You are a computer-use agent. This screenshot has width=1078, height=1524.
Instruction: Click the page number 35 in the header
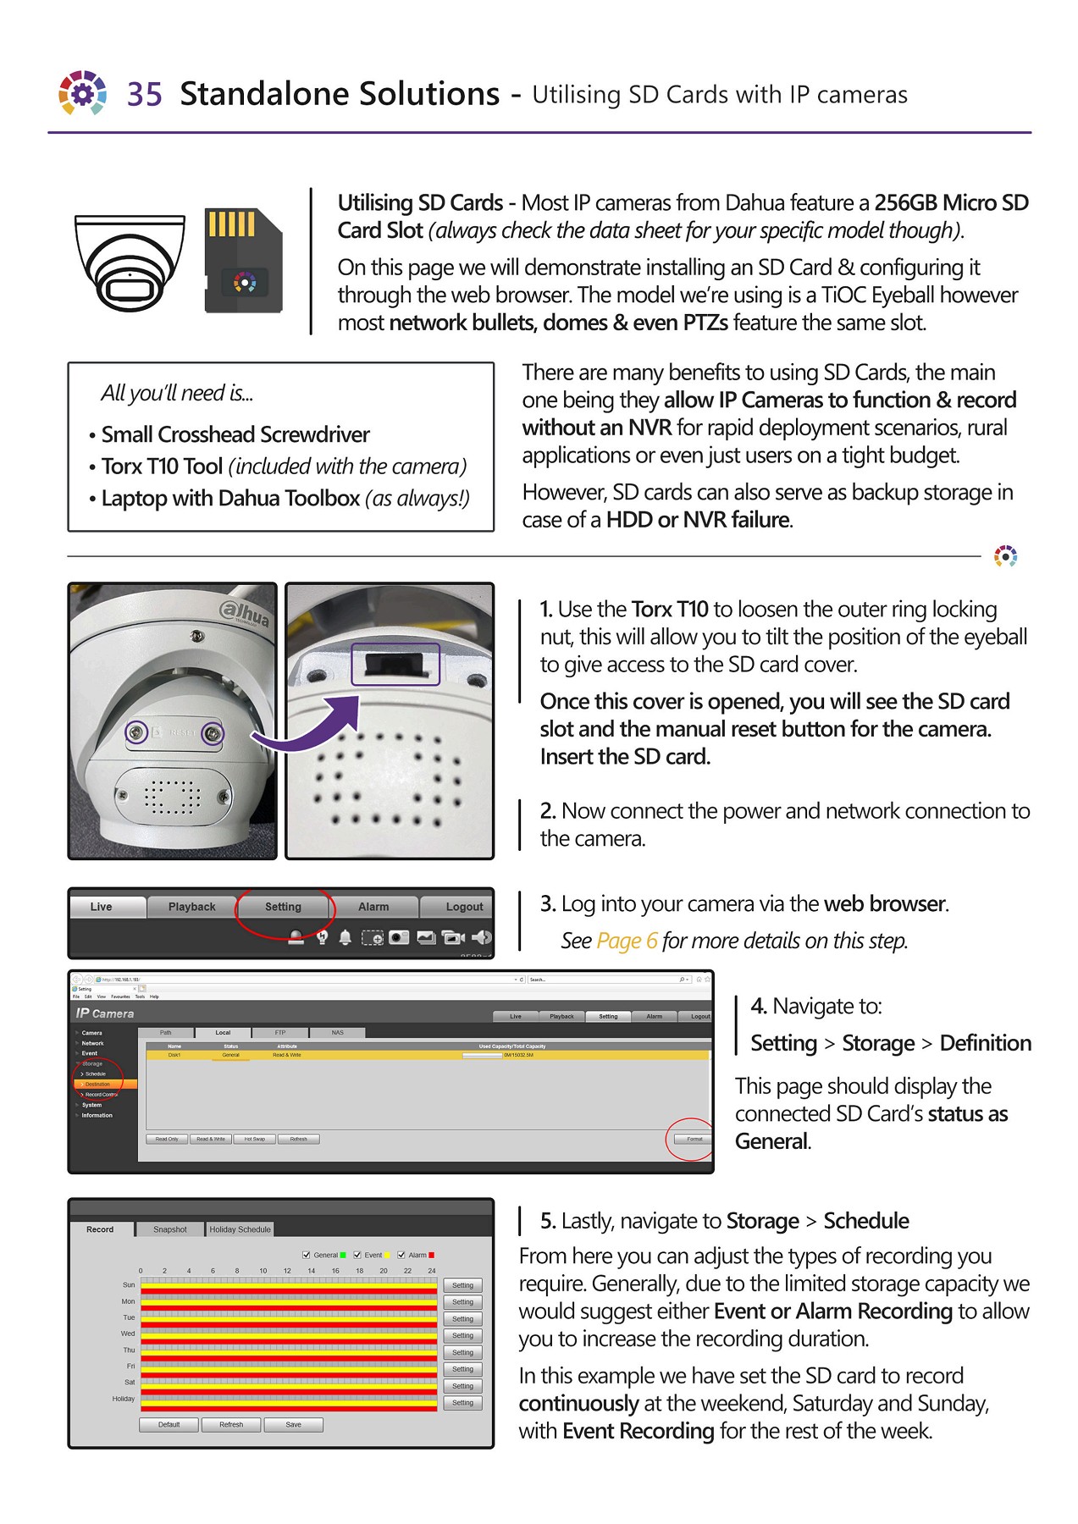[x=144, y=94]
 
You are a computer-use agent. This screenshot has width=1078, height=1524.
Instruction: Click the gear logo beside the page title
[x=82, y=93]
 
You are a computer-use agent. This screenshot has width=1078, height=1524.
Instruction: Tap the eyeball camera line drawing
[x=130, y=263]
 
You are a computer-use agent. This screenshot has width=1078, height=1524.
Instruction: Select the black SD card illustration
[x=243, y=261]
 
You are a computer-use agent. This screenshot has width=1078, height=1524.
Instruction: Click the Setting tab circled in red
[x=283, y=907]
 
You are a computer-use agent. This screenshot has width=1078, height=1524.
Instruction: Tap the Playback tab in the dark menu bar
[x=192, y=907]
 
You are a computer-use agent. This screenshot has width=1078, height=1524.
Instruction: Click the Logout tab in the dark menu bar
[x=464, y=907]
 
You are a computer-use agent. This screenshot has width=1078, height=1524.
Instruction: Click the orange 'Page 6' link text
[x=627, y=941]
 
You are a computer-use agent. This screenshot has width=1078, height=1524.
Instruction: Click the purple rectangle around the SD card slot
[x=395, y=665]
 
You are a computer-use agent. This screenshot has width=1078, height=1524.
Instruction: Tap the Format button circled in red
[x=694, y=1139]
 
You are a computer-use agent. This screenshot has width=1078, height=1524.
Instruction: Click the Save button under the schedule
[x=293, y=1424]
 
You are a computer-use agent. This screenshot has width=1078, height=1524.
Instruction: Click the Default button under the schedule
[x=169, y=1424]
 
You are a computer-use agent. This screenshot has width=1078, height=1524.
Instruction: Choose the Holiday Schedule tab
[x=240, y=1229]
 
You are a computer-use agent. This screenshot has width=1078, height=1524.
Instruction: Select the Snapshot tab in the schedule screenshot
[x=170, y=1229]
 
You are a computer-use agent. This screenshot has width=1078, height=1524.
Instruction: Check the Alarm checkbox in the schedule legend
[x=401, y=1255]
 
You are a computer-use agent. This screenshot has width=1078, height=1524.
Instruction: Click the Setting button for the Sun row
[x=462, y=1285]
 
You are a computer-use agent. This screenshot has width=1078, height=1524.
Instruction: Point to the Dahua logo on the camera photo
[x=245, y=614]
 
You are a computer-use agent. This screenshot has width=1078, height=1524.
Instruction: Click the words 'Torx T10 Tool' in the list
[x=162, y=467]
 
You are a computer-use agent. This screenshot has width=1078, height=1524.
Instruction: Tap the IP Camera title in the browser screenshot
[x=105, y=1013]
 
